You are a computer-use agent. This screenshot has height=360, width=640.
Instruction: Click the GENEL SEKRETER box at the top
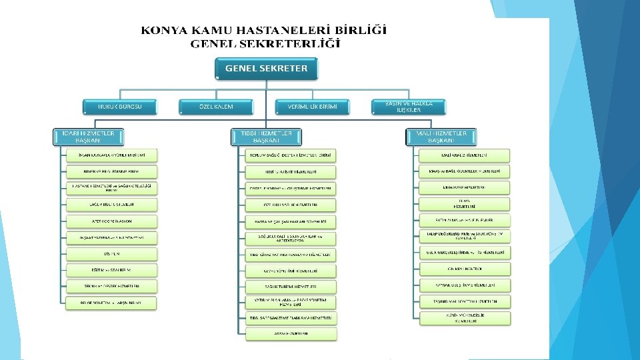tap(266, 68)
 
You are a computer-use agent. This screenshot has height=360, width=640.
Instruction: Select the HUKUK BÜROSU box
tap(121, 106)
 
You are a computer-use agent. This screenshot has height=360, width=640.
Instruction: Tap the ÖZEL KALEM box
tap(216, 106)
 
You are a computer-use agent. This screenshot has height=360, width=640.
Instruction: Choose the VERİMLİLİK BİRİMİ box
tap(312, 106)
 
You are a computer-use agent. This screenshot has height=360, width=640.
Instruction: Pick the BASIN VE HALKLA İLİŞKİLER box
tap(409, 106)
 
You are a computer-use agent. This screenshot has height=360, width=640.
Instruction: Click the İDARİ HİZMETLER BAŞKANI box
tap(88, 137)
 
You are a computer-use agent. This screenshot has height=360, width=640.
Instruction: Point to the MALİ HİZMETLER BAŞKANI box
tap(441, 137)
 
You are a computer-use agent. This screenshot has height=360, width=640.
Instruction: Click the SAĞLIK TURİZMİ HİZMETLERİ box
tap(289, 286)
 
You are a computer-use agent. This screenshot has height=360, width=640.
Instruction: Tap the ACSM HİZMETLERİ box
tap(289, 334)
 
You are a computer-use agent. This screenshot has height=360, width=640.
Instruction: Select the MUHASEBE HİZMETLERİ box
tap(464, 188)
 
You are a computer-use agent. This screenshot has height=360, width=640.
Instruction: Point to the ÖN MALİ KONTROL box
tap(464, 269)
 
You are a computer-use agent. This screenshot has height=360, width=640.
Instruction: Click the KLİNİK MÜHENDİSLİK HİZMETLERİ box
tap(464, 318)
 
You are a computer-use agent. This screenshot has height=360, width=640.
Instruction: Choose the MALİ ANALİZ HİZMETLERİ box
tap(464, 155)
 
